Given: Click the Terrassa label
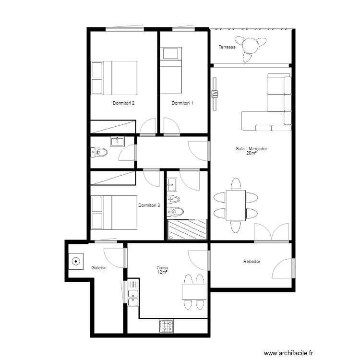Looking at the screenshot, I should (x=227, y=47).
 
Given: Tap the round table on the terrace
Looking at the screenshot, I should (x=251, y=47).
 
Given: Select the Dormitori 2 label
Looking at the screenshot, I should (x=123, y=103).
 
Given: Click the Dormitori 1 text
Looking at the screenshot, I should (x=182, y=103).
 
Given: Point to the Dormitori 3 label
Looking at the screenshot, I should (x=149, y=205).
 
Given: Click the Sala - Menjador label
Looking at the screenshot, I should (x=252, y=149).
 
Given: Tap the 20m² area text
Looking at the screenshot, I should (x=252, y=154).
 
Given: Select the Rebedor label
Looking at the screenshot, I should (x=252, y=262).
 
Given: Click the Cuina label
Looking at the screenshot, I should (x=162, y=268).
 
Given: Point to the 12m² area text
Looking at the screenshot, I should (x=162, y=273).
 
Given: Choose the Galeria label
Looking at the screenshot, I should (x=98, y=268).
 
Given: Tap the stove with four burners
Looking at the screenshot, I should (x=167, y=326).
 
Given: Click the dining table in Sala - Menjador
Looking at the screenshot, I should (x=236, y=205).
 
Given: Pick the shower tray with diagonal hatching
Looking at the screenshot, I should (x=187, y=228).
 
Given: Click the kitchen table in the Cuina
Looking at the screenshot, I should (x=194, y=292).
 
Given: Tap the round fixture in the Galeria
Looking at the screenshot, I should (x=76, y=262).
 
